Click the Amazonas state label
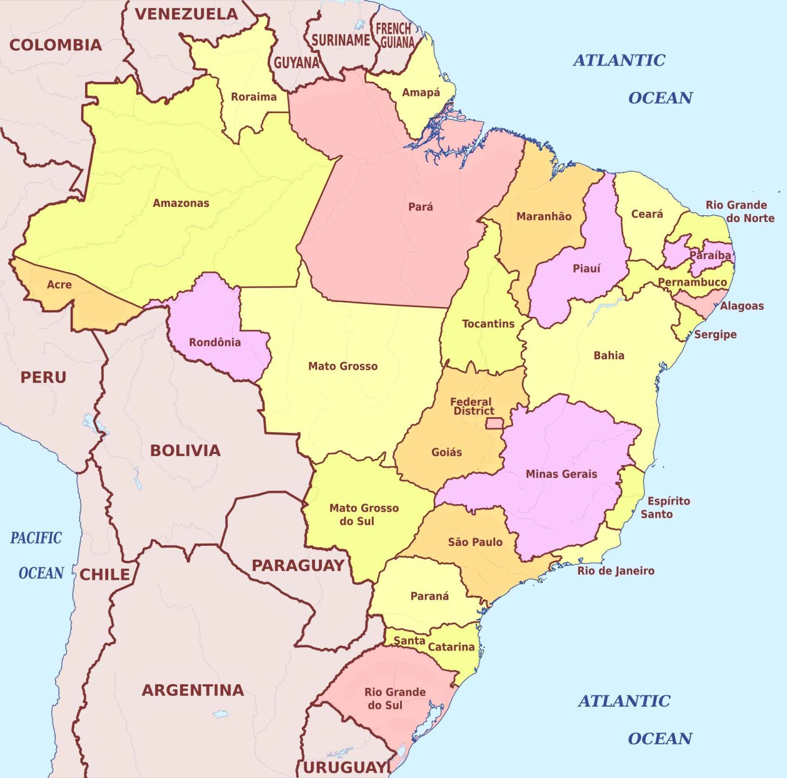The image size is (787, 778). click(181, 203)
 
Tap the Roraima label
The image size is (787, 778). click(254, 97)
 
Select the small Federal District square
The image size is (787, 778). click(494, 423)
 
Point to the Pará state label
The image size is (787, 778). click(420, 207)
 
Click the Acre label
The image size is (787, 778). click(59, 284)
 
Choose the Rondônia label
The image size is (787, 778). click(215, 342)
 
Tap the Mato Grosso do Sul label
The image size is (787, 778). click(363, 515)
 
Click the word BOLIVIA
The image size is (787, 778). click(185, 451)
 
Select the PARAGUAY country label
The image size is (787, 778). click(298, 565)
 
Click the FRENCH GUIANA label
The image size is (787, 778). click(395, 35)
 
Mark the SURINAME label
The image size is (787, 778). click(340, 40)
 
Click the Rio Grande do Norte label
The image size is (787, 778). click(739, 211)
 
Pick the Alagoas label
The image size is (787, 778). click(741, 306)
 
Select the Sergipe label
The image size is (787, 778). click(715, 334)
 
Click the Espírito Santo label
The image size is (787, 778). click(665, 507)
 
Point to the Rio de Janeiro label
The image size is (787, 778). click(615, 570)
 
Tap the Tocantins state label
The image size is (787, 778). click(488, 324)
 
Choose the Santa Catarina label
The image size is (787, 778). click(434, 644)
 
